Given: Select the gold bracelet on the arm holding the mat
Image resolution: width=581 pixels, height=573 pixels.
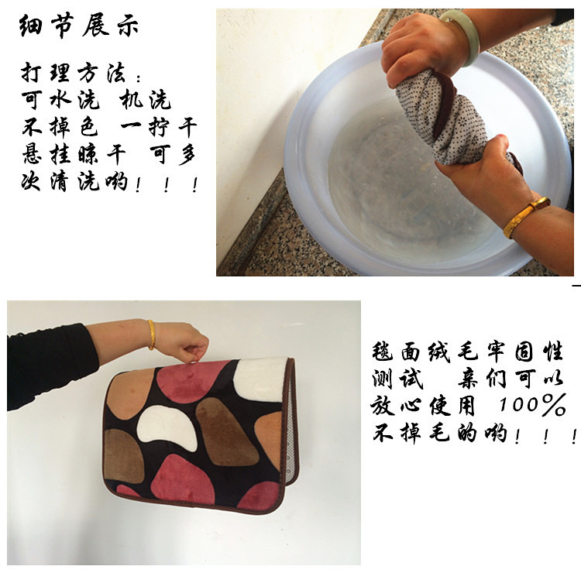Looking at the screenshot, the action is tap(152, 335).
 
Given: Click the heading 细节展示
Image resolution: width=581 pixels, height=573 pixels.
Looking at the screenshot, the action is tap(78, 26).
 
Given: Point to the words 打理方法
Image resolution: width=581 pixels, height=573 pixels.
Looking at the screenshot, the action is tap(74, 73).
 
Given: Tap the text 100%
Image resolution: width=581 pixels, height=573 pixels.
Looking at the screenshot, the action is tap(532, 404).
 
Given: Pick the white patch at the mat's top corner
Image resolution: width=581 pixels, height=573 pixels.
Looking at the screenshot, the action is tap(262, 379).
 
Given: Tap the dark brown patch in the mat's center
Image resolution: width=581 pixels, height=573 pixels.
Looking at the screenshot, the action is tap(225, 431).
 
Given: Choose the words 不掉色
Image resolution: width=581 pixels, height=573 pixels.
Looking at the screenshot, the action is tap(60, 127).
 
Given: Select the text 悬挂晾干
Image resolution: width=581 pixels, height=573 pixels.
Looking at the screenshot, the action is tap(74, 154).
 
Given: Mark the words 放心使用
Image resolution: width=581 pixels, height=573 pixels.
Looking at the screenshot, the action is tap(422, 405).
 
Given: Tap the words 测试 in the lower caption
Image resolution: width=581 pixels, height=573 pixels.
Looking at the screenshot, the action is tap(397, 379).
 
